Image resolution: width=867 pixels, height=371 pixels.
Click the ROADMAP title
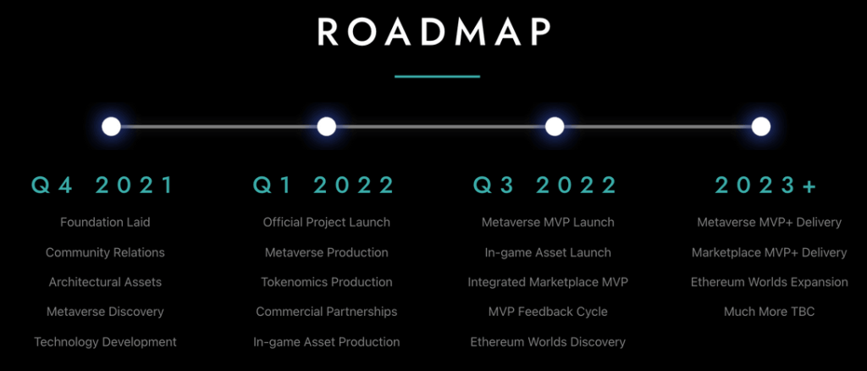(434, 33)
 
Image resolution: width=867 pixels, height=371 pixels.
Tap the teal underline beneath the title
(437, 75)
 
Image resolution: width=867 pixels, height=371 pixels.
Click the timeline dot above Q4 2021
(111, 126)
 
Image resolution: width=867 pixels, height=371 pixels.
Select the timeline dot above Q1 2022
(327, 126)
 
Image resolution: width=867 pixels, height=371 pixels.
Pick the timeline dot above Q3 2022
(554, 126)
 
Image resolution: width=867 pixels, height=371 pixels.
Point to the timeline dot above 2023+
(761, 126)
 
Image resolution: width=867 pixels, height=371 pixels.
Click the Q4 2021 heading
(102, 185)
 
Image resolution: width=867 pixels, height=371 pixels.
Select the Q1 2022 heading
(324, 185)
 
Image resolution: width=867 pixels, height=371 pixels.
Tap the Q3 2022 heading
(545, 185)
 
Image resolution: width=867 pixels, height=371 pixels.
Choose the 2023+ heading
(765, 185)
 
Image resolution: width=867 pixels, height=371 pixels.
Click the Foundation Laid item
(105, 222)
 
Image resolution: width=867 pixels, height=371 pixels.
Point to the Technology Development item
(105, 342)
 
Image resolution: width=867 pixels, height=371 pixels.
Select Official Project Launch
(326, 222)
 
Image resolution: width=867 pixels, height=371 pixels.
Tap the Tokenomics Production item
(326, 282)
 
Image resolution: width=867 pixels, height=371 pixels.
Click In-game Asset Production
(326, 342)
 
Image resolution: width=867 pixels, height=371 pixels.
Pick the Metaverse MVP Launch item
(548, 222)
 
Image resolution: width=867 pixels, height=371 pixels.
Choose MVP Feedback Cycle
(548, 312)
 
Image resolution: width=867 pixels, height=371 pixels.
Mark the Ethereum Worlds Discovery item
(548, 342)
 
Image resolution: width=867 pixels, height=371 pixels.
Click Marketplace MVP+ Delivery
(769, 252)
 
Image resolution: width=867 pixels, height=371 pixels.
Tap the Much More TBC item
(769, 312)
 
